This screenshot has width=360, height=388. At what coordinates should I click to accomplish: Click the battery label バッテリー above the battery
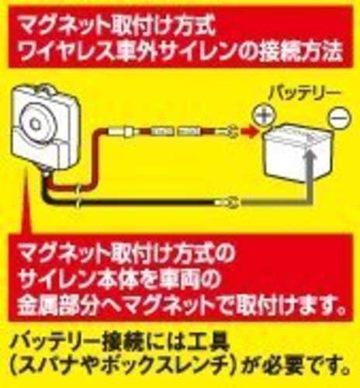click(x=303, y=95)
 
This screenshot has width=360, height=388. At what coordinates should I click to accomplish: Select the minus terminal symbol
click(x=340, y=118)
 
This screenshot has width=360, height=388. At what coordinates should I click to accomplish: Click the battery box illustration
click(x=296, y=154)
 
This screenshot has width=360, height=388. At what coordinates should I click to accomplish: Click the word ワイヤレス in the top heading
click(x=67, y=52)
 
